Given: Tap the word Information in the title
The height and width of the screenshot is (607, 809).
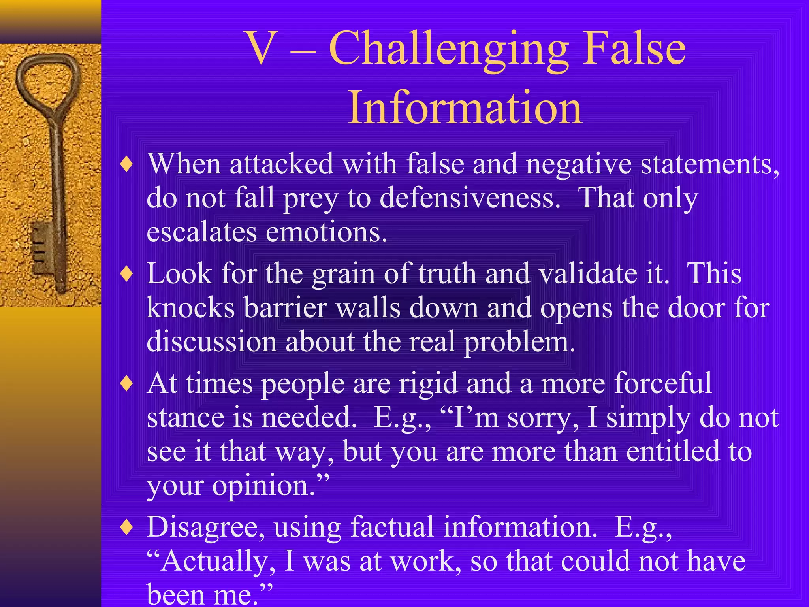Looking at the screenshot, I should tap(465, 107).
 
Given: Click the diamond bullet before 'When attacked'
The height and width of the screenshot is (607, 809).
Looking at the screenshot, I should tap(126, 164).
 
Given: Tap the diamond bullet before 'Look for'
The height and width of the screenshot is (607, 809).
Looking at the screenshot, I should tap(126, 273).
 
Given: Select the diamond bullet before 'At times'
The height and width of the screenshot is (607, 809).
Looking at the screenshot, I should tap(126, 383).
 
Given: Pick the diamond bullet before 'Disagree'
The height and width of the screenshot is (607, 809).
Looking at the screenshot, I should tap(126, 527).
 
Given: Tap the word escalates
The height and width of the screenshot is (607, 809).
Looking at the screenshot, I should tap(201, 232).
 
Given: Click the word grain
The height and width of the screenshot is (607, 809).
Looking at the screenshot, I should tap(343, 273).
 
